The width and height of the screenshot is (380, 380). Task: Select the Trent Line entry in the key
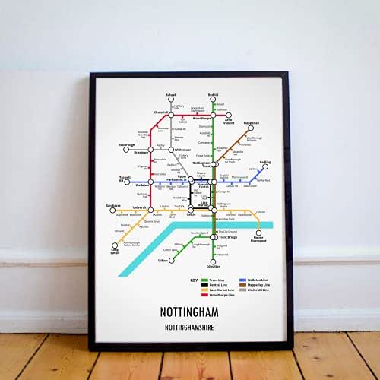(217, 280)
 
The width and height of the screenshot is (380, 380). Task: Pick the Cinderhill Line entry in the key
(255, 290)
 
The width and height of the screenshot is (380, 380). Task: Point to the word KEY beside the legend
(195, 280)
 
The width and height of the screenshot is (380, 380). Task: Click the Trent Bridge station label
(226, 237)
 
